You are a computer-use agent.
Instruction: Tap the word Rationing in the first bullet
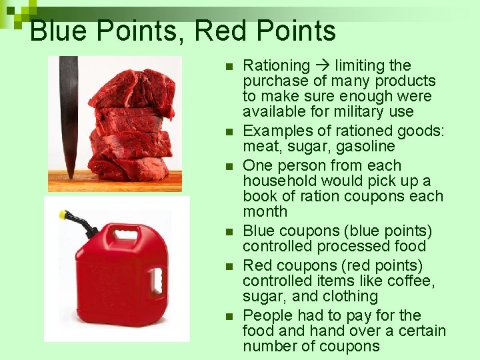[x=276, y=66]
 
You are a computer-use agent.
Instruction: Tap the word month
[x=265, y=212]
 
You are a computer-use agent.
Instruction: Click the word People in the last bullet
[x=266, y=315]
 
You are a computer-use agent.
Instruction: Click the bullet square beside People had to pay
[x=228, y=317]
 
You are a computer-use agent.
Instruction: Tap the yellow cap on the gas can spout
[x=64, y=216]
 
